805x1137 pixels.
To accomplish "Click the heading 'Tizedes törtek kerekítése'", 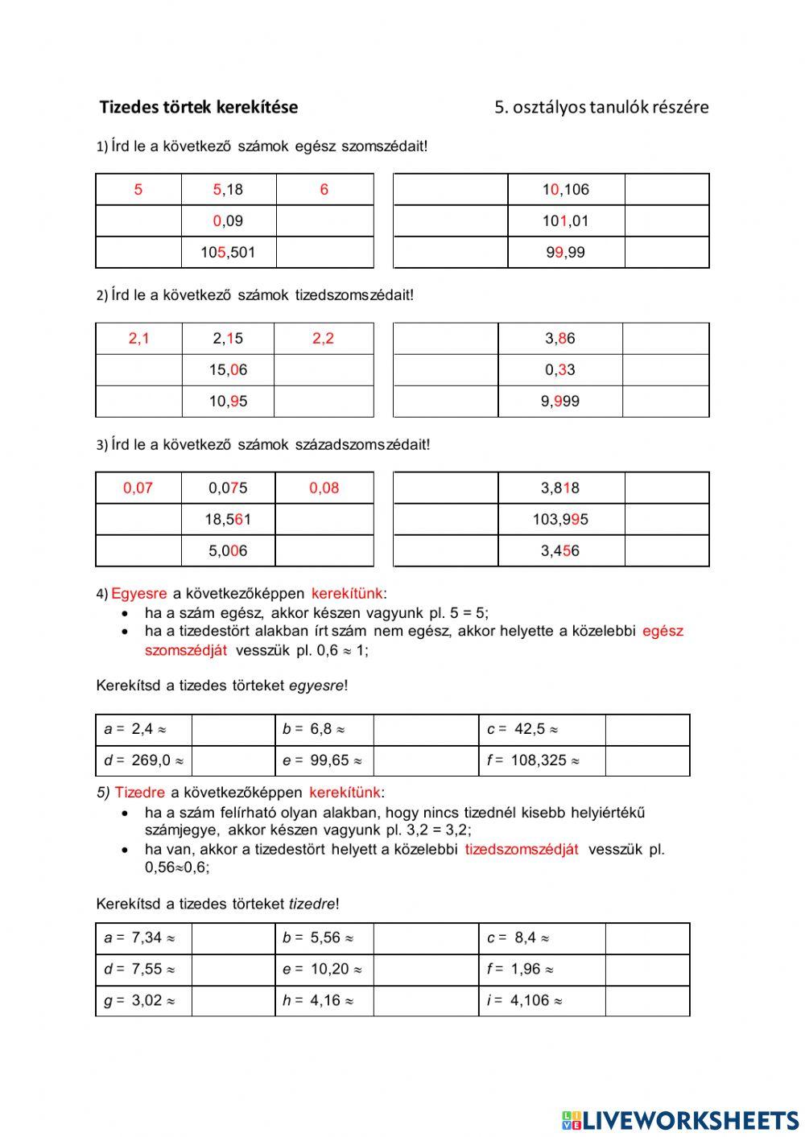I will (x=198, y=107).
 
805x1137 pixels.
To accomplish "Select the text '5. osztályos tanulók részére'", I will (x=601, y=107).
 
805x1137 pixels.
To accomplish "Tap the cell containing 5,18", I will (x=228, y=190).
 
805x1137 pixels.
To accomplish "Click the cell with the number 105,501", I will (x=228, y=253).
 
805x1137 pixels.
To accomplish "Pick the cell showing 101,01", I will (x=565, y=221).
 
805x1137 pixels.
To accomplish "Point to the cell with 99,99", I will (x=565, y=253).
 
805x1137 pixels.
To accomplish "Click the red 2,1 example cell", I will (x=138, y=339).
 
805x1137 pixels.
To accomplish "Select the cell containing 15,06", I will (x=228, y=370).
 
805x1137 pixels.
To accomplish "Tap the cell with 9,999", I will (x=559, y=402).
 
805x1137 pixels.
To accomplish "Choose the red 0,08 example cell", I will (x=324, y=488).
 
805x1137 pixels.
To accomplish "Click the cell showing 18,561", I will (x=228, y=520).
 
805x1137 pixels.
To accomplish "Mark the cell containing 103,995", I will (x=559, y=520).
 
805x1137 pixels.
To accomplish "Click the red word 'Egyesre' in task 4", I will (x=138, y=594).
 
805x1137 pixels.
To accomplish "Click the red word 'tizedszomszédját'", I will (x=521, y=849).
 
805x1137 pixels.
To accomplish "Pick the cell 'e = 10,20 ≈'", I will (x=324, y=970).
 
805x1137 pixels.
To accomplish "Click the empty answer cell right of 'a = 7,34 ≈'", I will (x=233, y=938).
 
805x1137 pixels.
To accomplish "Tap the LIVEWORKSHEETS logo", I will (x=680, y=1119).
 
